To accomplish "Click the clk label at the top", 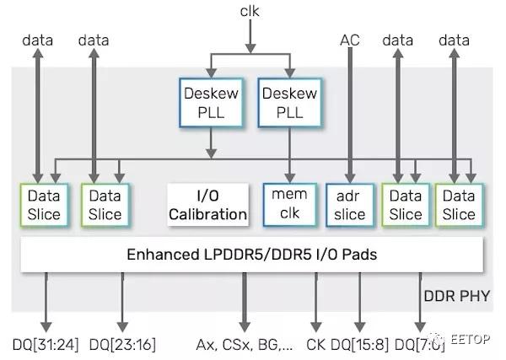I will (250, 12).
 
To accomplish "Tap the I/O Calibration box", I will (207, 205).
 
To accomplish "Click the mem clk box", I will (288, 205).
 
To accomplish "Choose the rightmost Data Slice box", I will (459, 205).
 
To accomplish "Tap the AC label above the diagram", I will (349, 40).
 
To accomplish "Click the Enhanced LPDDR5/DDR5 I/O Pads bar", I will (253, 253).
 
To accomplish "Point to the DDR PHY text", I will (460, 296).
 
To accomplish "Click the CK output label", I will (316, 344).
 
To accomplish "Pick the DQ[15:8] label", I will (359, 344).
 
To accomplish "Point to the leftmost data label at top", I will (38, 40).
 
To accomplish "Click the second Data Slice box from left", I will (105, 205).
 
